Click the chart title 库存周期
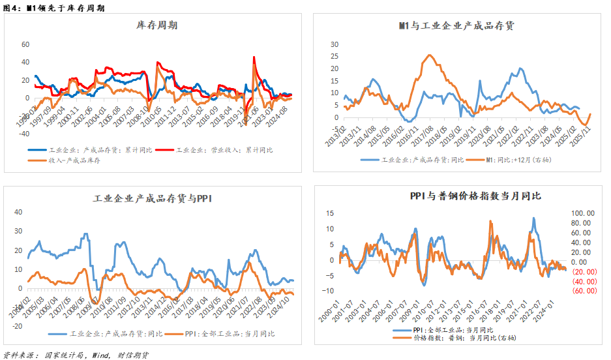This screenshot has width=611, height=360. click(x=156, y=25)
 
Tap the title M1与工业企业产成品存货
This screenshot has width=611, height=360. click(x=456, y=25)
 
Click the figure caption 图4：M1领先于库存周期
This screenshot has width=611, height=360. click(x=53, y=7)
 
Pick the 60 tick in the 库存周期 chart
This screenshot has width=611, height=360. click(x=26, y=45)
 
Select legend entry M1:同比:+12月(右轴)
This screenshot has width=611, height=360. click(x=509, y=159)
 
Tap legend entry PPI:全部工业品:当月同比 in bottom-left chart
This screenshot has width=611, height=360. click(x=228, y=333)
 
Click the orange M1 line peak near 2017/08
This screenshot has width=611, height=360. click(x=428, y=55)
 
